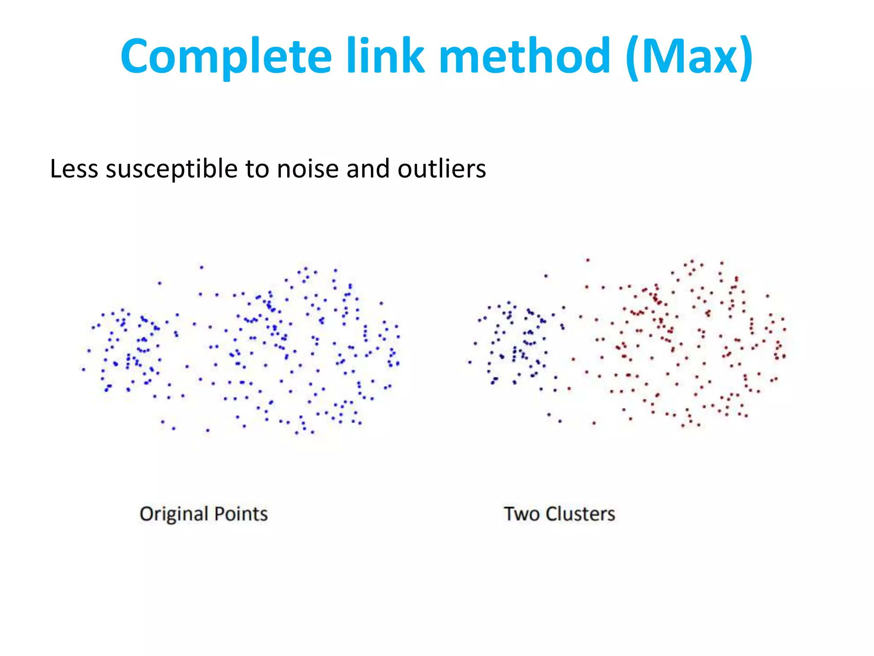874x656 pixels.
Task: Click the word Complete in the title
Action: click(226, 57)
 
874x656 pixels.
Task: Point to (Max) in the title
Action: click(689, 56)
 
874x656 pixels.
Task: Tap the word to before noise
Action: click(257, 169)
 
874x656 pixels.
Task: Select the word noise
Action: click(307, 169)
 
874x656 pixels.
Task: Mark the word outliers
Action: click(442, 169)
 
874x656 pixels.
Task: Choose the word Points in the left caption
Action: click(241, 514)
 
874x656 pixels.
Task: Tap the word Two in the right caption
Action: click(522, 514)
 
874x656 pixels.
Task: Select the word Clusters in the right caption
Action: click(580, 514)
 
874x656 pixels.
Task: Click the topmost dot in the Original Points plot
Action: click(202, 268)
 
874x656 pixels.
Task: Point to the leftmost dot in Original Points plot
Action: click(84, 369)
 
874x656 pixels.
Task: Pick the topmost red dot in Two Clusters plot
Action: click(588, 260)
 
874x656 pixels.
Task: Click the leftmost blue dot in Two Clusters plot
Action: click(470, 362)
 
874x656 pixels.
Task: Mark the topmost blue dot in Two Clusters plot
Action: click(546, 276)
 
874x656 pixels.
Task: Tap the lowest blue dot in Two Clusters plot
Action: click(560, 421)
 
